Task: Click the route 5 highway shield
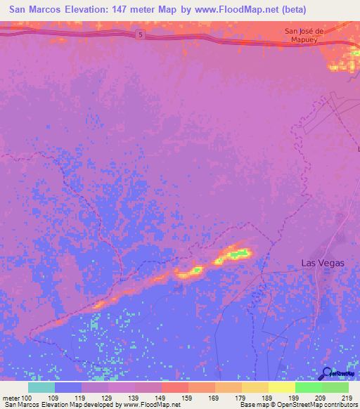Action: (x=140, y=35)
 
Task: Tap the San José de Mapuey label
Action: (x=304, y=35)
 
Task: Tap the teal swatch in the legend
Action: (x=41, y=387)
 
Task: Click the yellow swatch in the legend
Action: (x=281, y=387)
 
